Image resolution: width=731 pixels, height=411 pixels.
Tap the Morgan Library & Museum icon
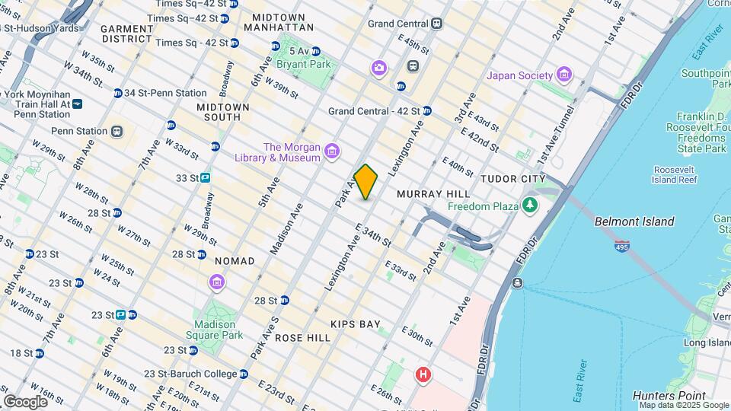(x=332, y=152)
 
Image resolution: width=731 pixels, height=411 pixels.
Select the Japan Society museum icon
(x=563, y=75)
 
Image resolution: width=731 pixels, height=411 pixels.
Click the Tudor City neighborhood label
(x=513, y=178)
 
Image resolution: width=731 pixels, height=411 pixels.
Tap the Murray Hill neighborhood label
(x=425, y=194)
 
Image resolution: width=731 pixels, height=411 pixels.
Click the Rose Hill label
(x=302, y=337)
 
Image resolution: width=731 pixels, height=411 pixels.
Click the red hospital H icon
(x=423, y=374)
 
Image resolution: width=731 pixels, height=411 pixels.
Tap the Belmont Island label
(x=634, y=221)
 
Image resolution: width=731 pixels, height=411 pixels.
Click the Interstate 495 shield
(x=622, y=245)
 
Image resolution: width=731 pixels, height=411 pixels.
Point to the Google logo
(x=24, y=401)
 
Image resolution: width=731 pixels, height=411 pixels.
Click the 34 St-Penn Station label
(x=164, y=93)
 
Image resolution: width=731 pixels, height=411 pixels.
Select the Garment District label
(x=127, y=33)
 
